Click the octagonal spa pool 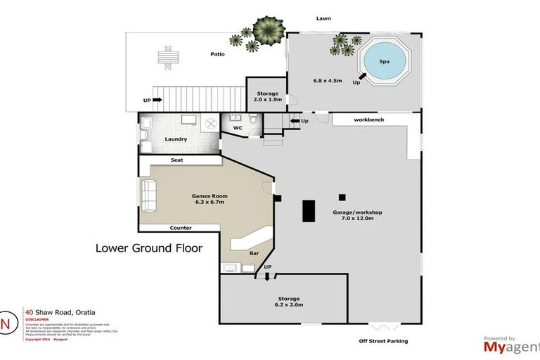384,63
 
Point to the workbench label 368,120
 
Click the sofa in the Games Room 148,196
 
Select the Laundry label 175,139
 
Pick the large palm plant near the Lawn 269,29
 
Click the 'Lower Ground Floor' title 148,248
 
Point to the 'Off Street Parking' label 382,341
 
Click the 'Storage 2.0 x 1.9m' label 267,97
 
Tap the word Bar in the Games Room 254,253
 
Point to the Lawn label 323,18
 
